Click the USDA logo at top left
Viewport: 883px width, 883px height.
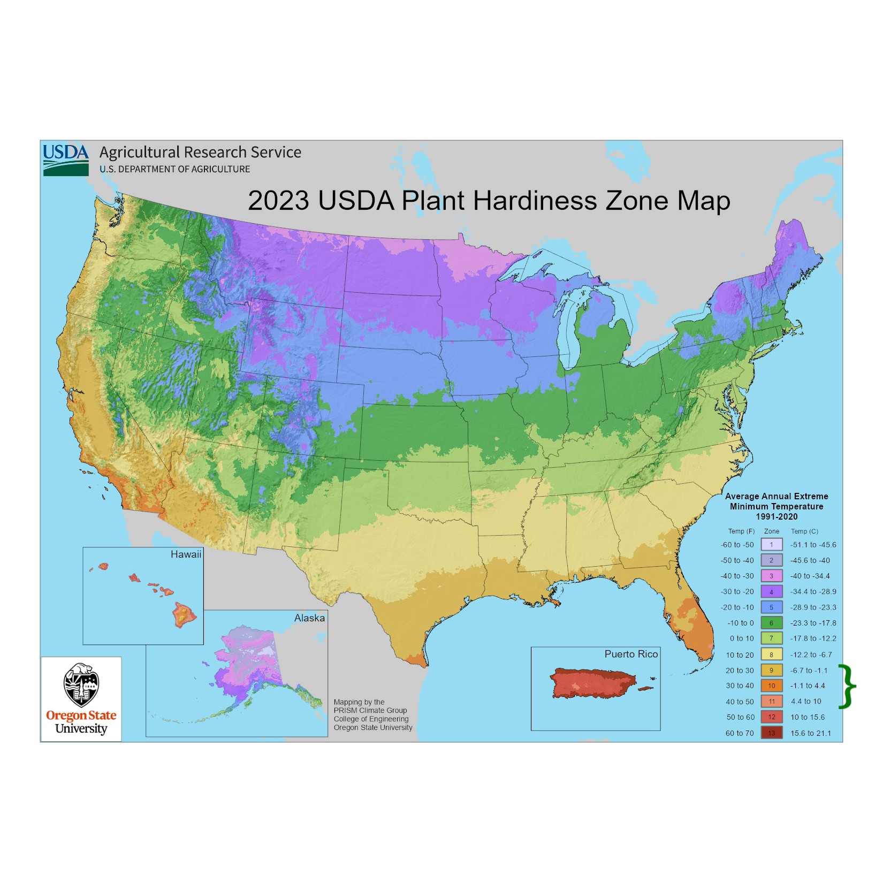(65, 159)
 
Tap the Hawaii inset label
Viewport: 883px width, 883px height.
(186, 554)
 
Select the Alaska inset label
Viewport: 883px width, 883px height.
(309, 618)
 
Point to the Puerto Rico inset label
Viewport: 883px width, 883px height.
(631, 654)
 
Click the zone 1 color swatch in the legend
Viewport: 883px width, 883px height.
(771, 545)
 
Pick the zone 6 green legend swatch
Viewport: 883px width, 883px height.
(771, 623)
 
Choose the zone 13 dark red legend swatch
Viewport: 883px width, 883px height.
(771, 733)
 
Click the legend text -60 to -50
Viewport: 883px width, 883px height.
(737, 545)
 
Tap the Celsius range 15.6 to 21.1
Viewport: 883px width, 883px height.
(811, 733)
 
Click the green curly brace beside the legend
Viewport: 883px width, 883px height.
(847, 687)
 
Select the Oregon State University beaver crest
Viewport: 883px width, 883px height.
(81, 685)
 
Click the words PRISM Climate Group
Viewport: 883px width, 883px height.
(370, 710)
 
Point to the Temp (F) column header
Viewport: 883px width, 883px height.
(741, 531)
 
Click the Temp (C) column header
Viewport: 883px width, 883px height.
(804, 531)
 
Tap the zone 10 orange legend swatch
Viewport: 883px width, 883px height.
(771, 686)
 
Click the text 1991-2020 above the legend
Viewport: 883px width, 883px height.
(777, 516)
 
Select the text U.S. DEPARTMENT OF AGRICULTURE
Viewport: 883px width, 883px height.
(174, 169)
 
